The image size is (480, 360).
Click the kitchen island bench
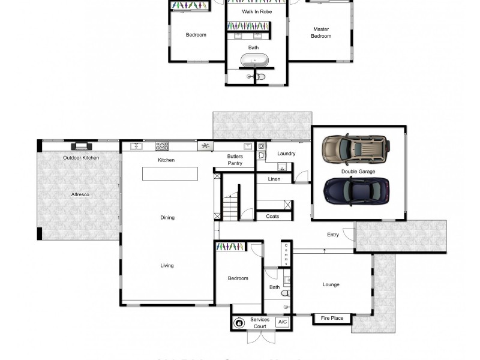[170, 173]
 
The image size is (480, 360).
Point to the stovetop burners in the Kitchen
[162, 146]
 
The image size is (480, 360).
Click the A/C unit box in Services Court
[282, 322]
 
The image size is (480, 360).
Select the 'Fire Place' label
[332, 318]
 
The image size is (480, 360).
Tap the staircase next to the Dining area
[230, 207]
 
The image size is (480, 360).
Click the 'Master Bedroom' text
[321, 32]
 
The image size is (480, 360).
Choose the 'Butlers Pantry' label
[235, 160]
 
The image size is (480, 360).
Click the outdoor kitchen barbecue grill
[80, 146]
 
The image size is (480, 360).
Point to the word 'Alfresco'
[80, 194]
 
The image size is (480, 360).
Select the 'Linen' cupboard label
[274, 179]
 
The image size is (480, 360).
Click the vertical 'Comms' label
[286, 254]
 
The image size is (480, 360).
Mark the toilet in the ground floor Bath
[287, 293]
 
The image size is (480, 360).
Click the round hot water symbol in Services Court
[239, 323]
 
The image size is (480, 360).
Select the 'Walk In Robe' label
[257, 11]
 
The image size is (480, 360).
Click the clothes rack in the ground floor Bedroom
[230, 247]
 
